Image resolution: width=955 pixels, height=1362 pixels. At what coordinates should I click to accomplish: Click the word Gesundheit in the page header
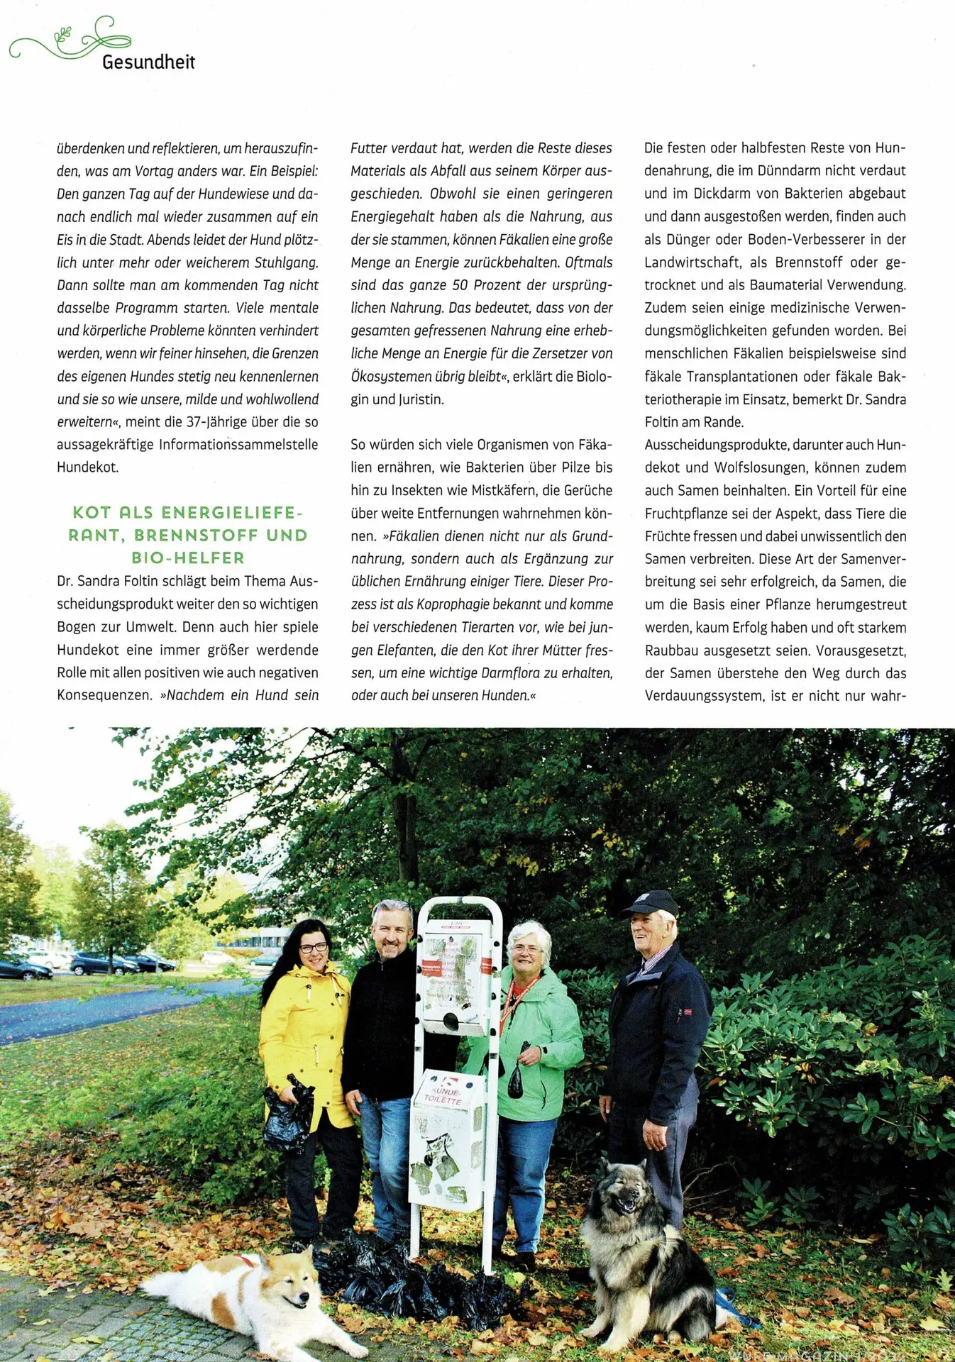tap(148, 62)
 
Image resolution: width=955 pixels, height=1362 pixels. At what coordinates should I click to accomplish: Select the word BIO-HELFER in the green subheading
tap(188, 558)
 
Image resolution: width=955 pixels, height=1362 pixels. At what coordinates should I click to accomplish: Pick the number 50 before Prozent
tap(460, 285)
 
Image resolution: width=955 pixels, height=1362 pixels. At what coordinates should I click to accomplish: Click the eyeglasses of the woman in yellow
tap(313, 948)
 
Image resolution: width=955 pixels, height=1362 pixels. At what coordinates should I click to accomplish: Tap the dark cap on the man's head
tap(651, 904)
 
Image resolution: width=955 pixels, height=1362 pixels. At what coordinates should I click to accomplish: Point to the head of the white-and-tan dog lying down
tap(285, 1284)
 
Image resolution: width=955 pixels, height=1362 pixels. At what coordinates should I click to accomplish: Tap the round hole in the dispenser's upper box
tap(451, 1022)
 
